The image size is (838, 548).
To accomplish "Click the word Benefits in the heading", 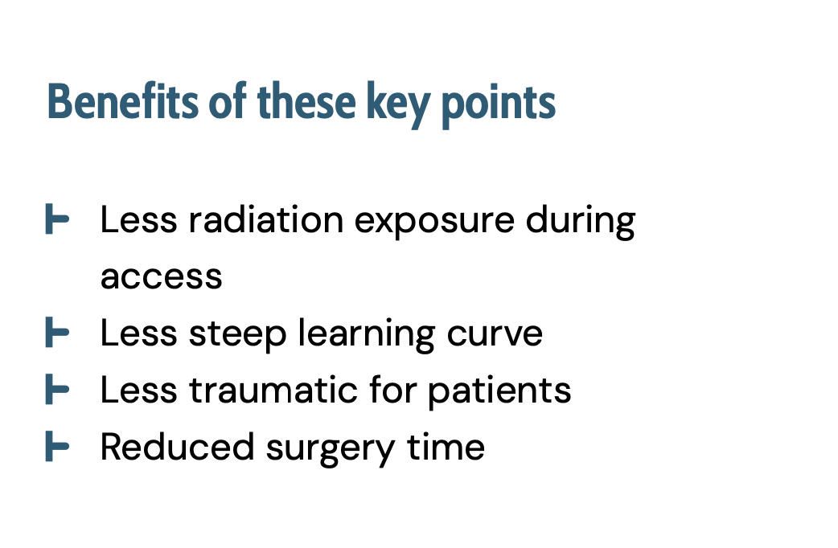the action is coord(122,101).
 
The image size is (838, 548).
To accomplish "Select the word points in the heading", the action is coord(499,105).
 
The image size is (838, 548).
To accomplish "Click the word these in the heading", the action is coord(306,100).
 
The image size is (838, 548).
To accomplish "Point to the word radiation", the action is coord(265,219).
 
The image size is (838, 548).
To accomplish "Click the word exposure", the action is coord(434,223).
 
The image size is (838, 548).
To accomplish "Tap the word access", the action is coord(162,277).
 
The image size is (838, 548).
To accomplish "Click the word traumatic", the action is coord(273,390).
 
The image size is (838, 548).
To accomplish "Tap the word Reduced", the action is coord(177,447).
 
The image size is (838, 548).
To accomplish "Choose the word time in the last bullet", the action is coord(446,447).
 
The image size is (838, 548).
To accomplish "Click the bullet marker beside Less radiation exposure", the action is coord(57,219).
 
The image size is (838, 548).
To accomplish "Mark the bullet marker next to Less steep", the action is coord(57,332).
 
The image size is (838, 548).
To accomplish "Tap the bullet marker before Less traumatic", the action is coord(57,389).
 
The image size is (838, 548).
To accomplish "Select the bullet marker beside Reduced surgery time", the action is coord(57,446).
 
